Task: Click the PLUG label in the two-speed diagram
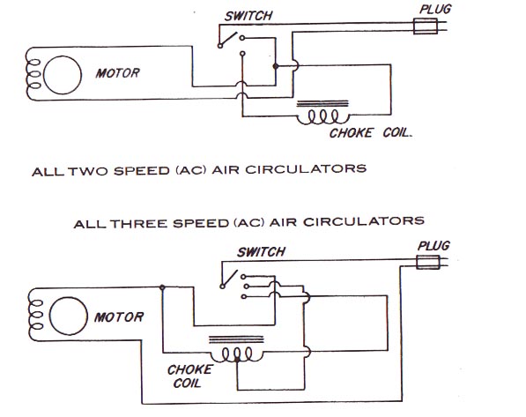[435, 9]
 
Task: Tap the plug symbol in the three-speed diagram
[428, 262]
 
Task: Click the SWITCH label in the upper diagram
[248, 16]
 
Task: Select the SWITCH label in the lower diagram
[261, 252]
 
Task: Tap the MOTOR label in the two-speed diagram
[117, 73]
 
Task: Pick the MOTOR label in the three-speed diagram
[119, 317]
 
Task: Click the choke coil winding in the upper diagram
[323, 118]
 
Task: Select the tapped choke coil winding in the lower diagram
[237, 355]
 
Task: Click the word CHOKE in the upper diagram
[351, 133]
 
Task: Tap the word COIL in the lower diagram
[187, 383]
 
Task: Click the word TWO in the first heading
[89, 171]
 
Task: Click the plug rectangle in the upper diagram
[426, 26]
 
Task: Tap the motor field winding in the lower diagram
[36, 315]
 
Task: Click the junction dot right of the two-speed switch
[276, 66]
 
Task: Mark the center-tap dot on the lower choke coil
[237, 360]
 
